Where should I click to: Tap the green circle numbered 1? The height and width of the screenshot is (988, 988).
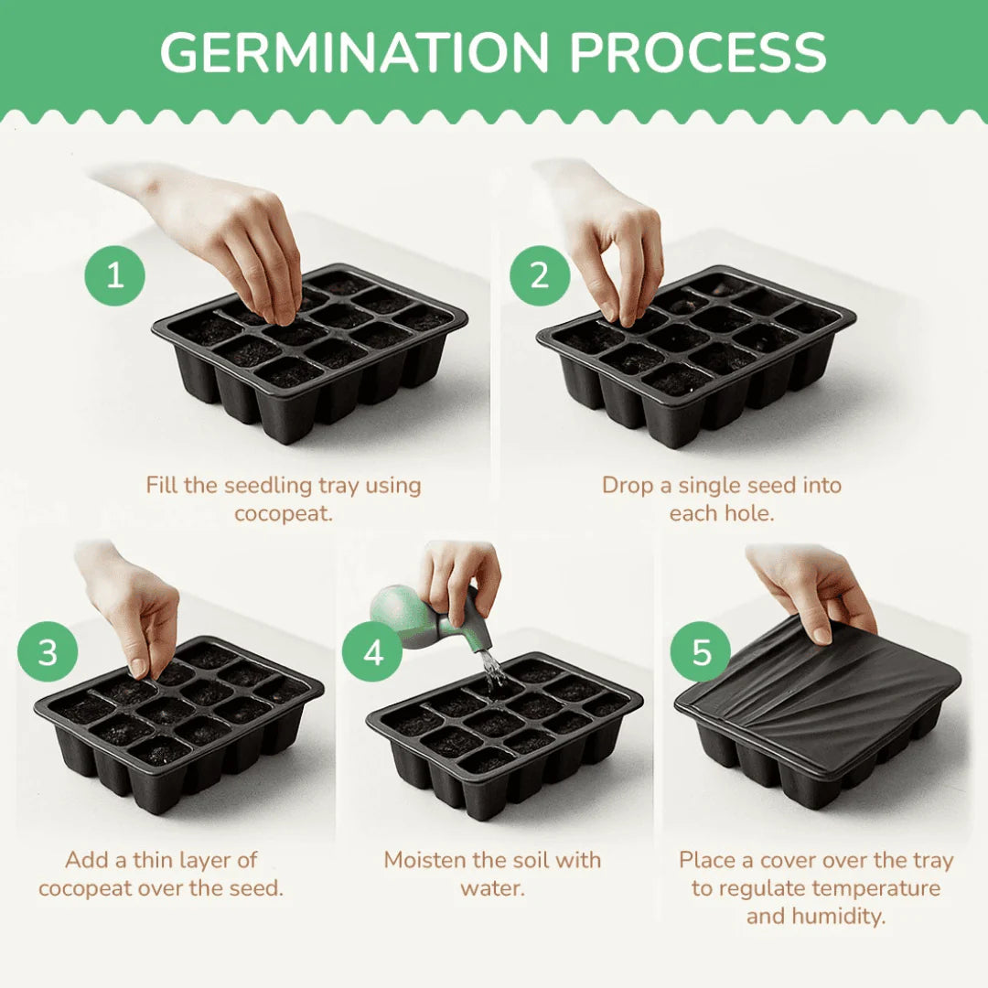point(114,275)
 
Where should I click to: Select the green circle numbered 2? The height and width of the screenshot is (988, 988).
point(540,275)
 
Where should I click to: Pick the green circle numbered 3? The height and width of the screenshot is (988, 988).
point(48,651)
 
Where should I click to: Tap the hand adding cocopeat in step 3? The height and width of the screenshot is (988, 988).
point(133,605)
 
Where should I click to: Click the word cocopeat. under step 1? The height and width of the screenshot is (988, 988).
point(284,513)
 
